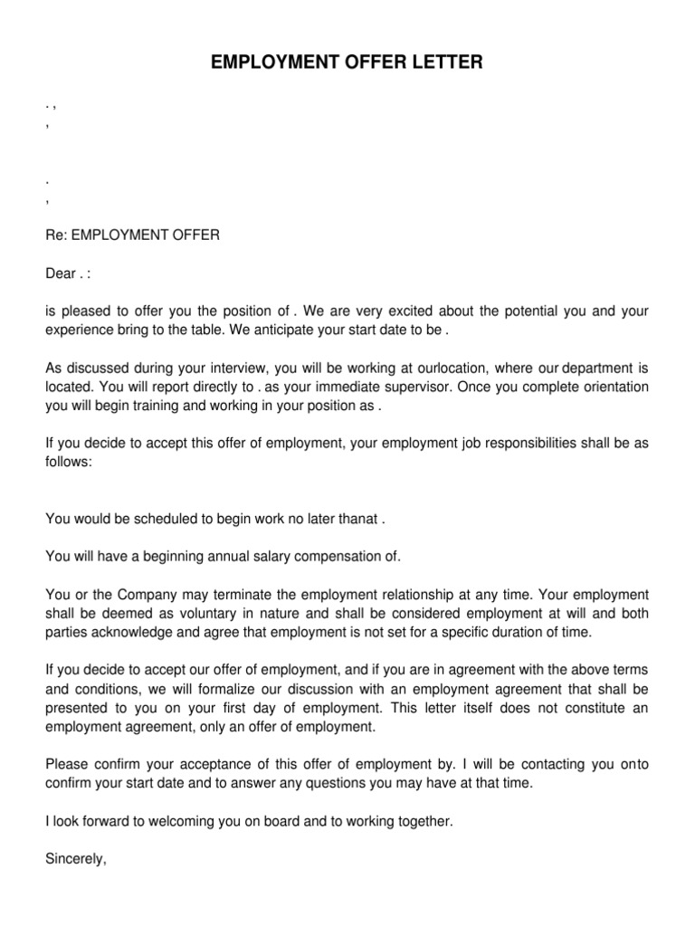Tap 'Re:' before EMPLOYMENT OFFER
point(56,235)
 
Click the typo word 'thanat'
point(358,520)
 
